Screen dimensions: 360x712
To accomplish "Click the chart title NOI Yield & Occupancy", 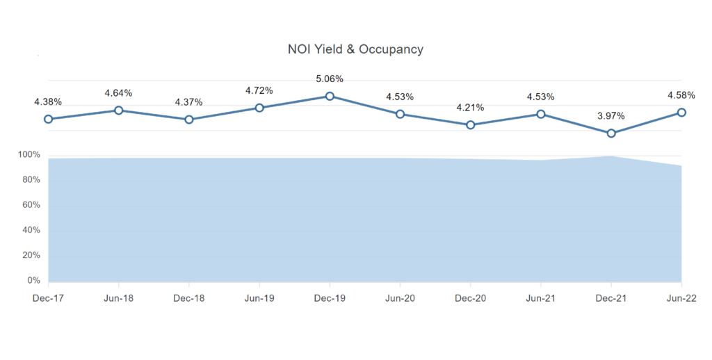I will click(355, 49).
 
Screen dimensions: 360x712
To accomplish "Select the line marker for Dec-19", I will click(330, 96).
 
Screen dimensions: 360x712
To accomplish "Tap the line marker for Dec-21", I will click(611, 133).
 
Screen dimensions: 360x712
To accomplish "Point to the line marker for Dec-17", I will click(48, 119).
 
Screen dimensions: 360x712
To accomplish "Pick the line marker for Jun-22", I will click(681, 112).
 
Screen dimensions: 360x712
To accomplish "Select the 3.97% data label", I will click(611, 116).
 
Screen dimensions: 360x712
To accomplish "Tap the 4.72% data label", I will click(259, 90).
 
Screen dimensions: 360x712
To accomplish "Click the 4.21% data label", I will click(471, 108).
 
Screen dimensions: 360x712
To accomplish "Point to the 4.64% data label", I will click(118, 93).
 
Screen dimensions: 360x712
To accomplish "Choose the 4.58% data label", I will click(681, 95).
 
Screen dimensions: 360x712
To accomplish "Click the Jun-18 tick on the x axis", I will click(118, 297).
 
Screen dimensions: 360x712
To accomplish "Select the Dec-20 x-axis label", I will click(471, 297).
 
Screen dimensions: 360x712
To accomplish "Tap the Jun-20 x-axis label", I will click(400, 297).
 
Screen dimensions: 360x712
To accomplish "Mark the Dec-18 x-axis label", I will click(189, 297).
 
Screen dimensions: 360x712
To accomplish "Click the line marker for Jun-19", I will click(259, 108).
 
